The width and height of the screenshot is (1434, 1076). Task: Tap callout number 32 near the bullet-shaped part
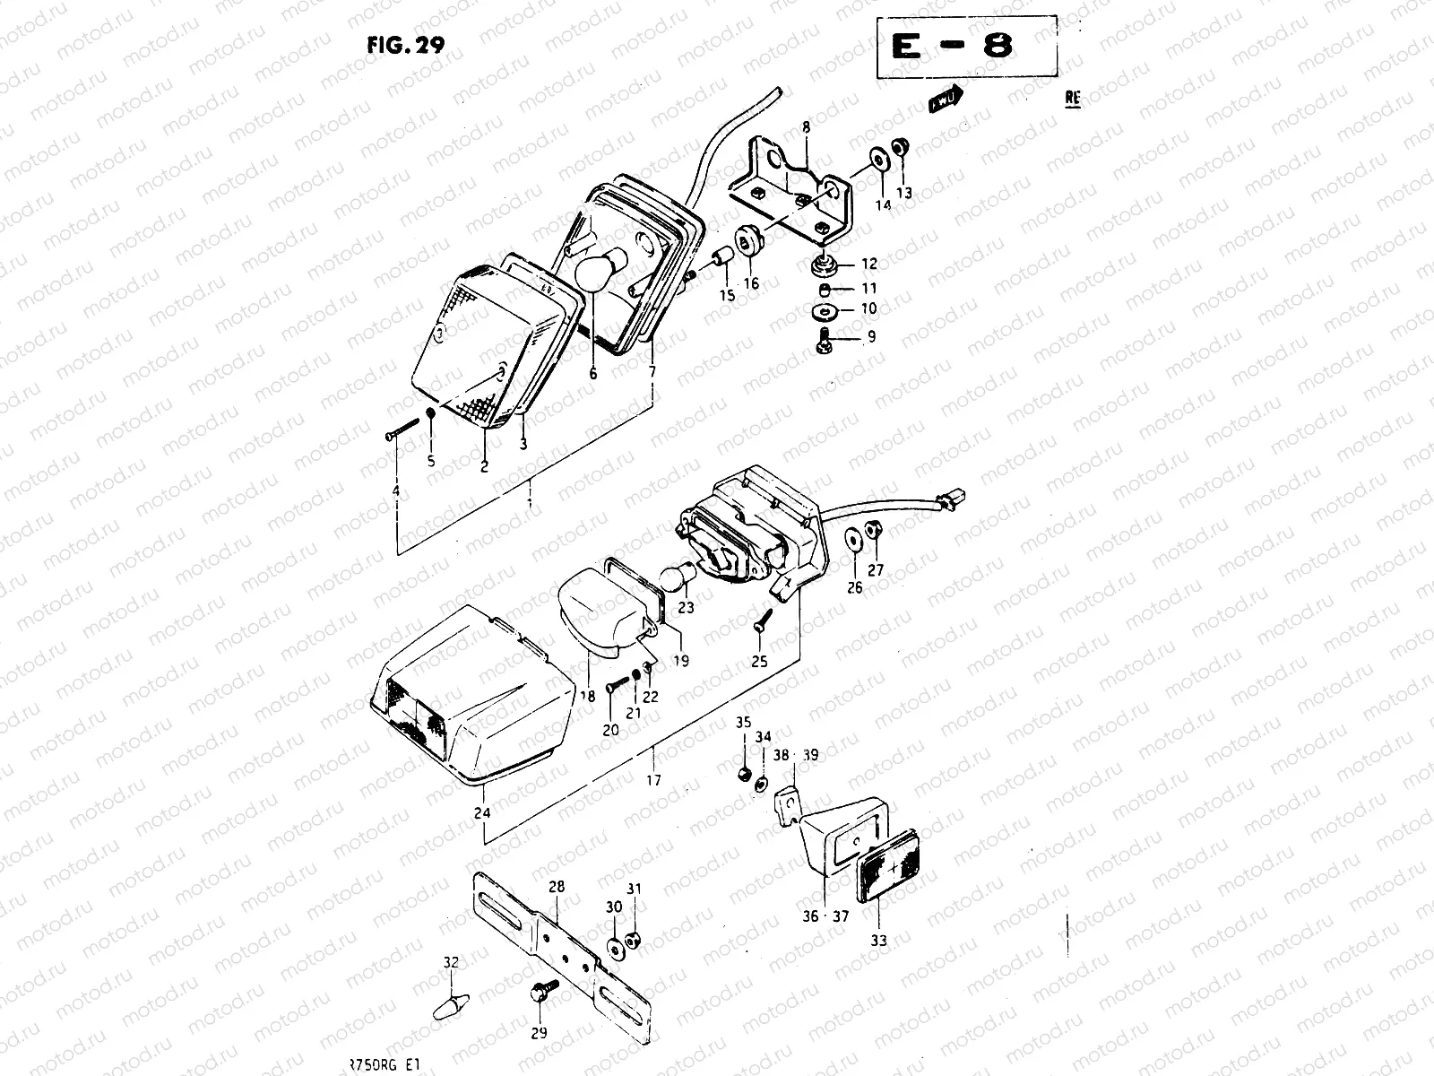coord(450,962)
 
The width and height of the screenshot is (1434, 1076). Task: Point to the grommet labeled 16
coord(746,241)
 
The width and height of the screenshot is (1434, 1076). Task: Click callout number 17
coord(653,780)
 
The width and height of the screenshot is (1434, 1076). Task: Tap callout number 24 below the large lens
coord(482,814)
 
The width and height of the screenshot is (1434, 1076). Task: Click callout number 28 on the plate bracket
coord(556,887)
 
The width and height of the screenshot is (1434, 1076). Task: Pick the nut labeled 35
coord(743,773)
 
